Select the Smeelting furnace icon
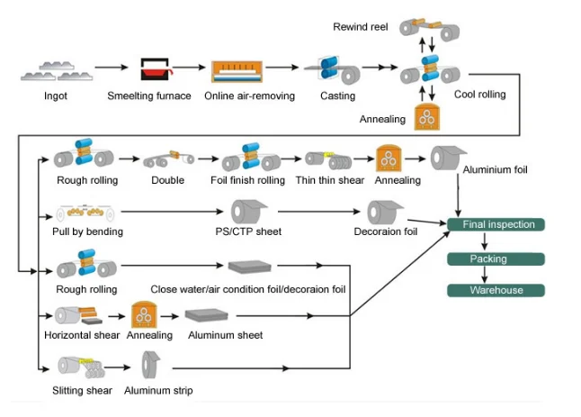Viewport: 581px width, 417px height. [155, 70]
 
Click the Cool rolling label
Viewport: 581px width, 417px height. [479, 95]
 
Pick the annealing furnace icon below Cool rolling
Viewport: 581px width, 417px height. [428, 116]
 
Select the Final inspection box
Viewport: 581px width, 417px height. [497, 224]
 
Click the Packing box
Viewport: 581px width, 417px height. [497, 258]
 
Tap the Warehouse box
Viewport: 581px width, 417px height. [497, 290]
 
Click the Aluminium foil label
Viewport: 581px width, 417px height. [494, 169]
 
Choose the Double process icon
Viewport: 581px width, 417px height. [166, 159]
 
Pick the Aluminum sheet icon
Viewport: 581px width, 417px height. [211, 316]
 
